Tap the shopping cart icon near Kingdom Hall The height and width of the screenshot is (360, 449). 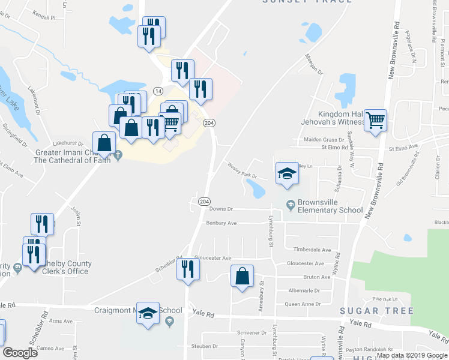tap(376, 121)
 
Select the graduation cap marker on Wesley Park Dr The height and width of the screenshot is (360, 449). tap(287, 174)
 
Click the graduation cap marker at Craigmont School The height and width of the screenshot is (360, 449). tap(148, 314)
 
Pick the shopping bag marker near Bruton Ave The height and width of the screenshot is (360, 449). tap(242, 277)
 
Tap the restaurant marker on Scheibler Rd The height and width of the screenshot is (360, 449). tap(187, 268)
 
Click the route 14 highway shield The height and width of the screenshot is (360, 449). tap(158, 91)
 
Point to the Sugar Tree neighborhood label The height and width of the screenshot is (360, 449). tap(376, 311)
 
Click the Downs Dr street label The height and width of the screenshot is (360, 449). tap(220, 209)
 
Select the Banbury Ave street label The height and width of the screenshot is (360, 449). tap(221, 223)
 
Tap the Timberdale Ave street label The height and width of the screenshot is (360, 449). tap(312, 250)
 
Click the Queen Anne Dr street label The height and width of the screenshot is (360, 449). tap(302, 304)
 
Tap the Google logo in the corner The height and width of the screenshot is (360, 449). tap(20, 353)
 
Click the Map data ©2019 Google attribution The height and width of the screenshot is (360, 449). tap(412, 355)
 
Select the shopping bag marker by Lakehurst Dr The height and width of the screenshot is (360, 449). tap(104, 143)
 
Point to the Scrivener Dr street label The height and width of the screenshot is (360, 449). tap(252, 332)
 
